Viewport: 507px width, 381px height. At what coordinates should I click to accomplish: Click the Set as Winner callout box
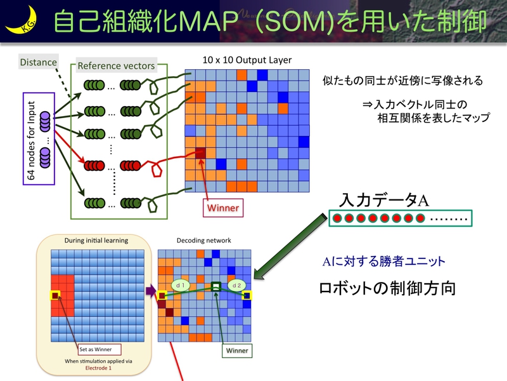(99, 349)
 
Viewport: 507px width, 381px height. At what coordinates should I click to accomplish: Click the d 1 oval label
(180, 286)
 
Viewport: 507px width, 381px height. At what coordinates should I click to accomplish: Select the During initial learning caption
(96, 241)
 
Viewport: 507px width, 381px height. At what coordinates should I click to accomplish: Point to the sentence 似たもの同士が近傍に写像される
(402, 81)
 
